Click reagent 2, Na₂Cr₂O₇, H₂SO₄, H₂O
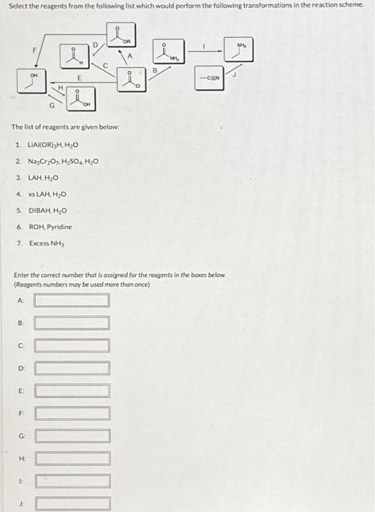pos(61,162)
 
